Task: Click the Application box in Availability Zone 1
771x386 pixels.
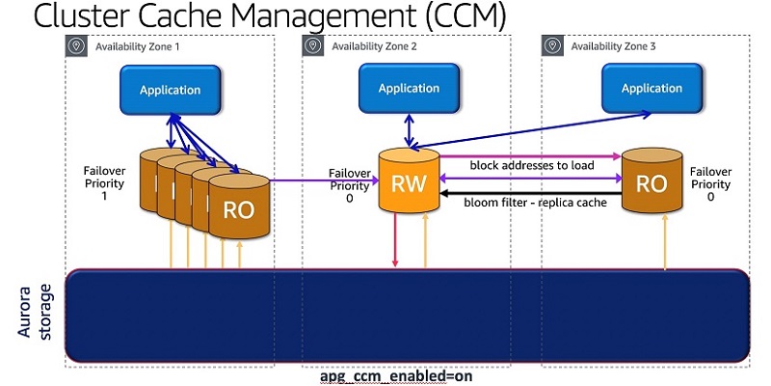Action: tap(170, 90)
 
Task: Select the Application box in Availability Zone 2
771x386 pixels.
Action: tap(408, 89)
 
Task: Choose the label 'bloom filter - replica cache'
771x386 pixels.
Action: tap(532, 203)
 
